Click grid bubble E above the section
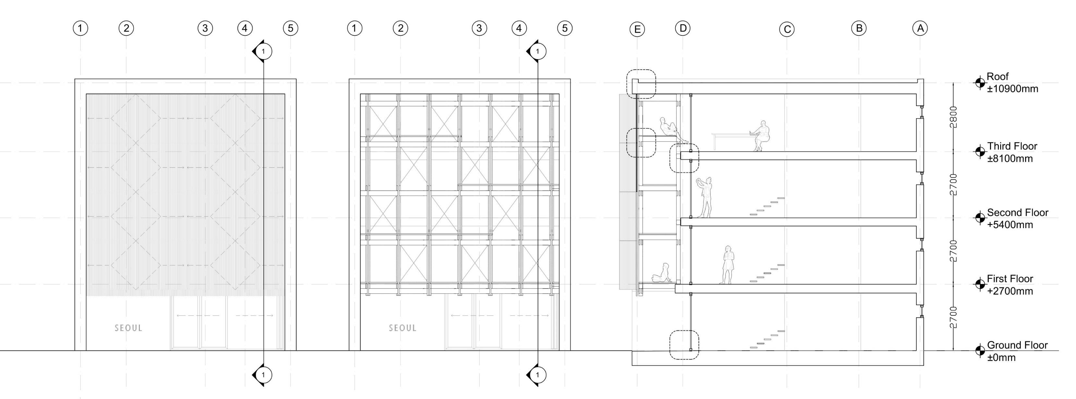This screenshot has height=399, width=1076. [x=637, y=29]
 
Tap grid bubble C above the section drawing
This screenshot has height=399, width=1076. [x=787, y=29]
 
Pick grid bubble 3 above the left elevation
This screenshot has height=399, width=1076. [x=205, y=29]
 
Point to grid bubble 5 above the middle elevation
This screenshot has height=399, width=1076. [x=565, y=29]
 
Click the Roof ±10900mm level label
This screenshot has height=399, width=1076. [x=1012, y=83]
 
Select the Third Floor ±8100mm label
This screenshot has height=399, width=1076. [x=1012, y=152]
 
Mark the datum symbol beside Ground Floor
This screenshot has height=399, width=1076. [x=980, y=351]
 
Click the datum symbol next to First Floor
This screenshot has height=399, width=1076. [x=980, y=284]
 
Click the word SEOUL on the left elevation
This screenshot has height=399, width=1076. [x=128, y=328]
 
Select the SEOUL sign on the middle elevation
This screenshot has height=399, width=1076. [x=403, y=328]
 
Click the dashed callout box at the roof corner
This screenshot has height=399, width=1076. [x=641, y=84]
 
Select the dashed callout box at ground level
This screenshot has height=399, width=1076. [x=684, y=345]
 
